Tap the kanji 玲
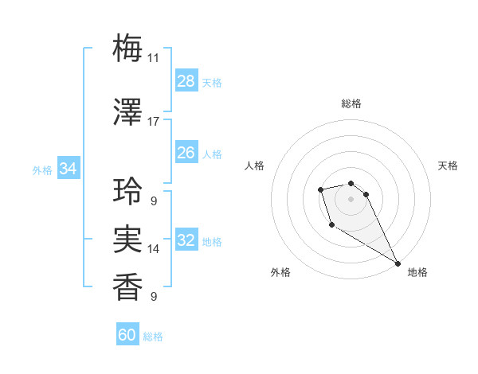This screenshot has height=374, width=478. pyautogui.click(x=128, y=191)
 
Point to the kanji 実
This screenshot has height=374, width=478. pyautogui.click(x=128, y=240)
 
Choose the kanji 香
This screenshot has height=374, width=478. pyautogui.click(x=128, y=286)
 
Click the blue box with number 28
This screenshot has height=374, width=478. pyautogui.click(x=186, y=81)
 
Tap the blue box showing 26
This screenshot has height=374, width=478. pyautogui.click(x=186, y=153)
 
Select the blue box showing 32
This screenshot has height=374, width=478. pyautogui.click(x=186, y=241)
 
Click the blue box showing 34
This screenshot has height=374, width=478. pyautogui.click(x=69, y=169)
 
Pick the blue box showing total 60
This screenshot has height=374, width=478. pyautogui.click(x=127, y=335)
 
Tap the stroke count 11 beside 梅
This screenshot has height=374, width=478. pyautogui.click(x=153, y=57)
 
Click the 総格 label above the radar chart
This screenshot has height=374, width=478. pyautogui.click(x=351, y=103)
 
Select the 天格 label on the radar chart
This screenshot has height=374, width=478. pyautogui.click(x=448, y=166)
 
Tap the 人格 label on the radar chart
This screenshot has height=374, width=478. pyautogui.click(x=255, y=166)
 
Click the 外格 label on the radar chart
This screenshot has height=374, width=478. pyautogui.click(x=280, y=272)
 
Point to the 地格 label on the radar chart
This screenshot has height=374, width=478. pyautogui.click(x=417, y=272)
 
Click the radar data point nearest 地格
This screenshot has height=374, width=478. pyautogui.click(x=398, y=263)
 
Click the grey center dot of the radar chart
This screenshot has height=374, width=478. pyautogui.click(x=351, y=198)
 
